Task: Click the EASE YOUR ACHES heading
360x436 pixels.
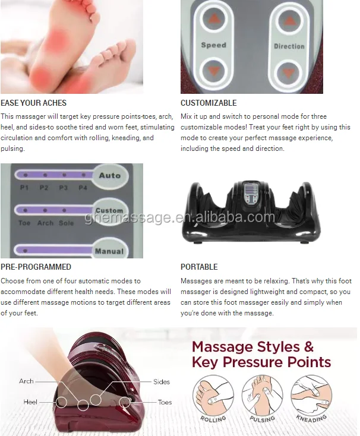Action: [33, 103]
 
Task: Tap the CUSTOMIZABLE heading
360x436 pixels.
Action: [209, 103]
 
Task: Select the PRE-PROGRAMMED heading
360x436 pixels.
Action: [36, 267]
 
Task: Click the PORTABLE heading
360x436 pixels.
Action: [199, 267]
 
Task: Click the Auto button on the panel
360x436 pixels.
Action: [110, 176]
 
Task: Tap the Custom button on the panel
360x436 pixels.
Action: [109, 211]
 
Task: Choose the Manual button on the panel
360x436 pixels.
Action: [109, 251]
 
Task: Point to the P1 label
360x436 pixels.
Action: [24, 187]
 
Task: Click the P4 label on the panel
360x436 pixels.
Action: [83, 187]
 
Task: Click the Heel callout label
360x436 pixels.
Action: [30, 402]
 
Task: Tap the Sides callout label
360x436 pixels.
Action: [161, 382]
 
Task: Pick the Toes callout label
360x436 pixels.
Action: [165, 402]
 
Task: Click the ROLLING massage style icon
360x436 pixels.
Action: [213, 398]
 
